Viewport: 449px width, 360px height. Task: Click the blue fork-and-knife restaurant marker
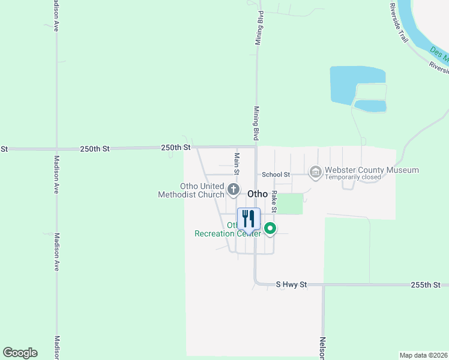[249, 219]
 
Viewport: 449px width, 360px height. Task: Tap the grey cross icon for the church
[234, 190]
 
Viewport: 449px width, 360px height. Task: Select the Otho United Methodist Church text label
[191, 190]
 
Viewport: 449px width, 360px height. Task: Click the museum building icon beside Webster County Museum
[315, 173]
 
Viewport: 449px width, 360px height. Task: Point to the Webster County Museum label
[372, 170]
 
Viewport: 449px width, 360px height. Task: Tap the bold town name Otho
[258, 194]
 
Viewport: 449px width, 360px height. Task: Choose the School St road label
[276, 175]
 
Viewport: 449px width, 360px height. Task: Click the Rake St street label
[274, 202]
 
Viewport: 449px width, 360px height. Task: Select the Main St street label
[237, 164]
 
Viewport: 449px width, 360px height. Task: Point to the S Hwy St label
[291, 284]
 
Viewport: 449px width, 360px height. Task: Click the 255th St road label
[427, 284]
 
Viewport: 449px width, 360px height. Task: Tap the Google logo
[20, 353]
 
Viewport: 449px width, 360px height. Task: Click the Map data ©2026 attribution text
[423, 355]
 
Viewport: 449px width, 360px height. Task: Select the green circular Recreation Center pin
[271, 228]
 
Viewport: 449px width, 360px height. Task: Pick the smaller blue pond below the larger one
[370, 106]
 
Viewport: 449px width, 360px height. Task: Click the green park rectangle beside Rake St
[290, 204]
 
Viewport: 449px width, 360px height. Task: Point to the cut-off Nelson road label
[322, 348]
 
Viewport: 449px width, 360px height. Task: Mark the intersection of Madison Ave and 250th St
[56, 148]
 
